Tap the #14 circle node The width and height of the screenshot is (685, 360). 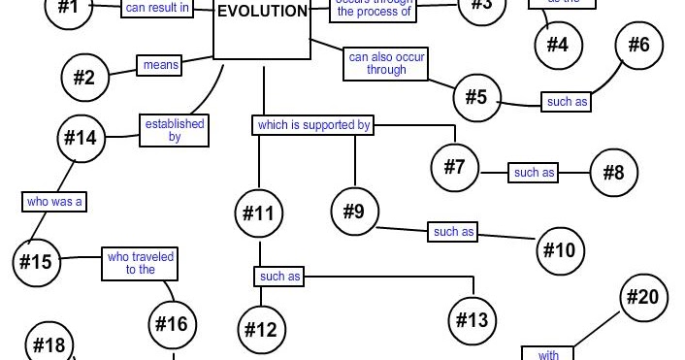tap(82, 137)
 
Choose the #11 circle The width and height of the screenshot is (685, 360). tap(258, 213)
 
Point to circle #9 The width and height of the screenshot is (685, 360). tap(354, 210)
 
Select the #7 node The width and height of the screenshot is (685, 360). tap(456, 165)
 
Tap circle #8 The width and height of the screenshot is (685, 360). tap(613, 174)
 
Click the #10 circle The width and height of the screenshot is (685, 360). tap(560, 249)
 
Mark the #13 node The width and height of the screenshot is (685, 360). tap(473, 320)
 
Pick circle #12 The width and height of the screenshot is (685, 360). tap(261, 328)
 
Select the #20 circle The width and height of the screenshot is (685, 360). tap(642, 297)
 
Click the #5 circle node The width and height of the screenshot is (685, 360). tap(476, 97)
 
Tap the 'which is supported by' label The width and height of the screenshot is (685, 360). tap(313, 124)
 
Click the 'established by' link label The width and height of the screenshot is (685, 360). tap(175, 130)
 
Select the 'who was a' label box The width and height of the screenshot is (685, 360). tap(53, 201)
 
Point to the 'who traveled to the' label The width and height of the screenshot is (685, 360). tap(141, 264)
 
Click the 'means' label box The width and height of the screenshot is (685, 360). tap(160, 66)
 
